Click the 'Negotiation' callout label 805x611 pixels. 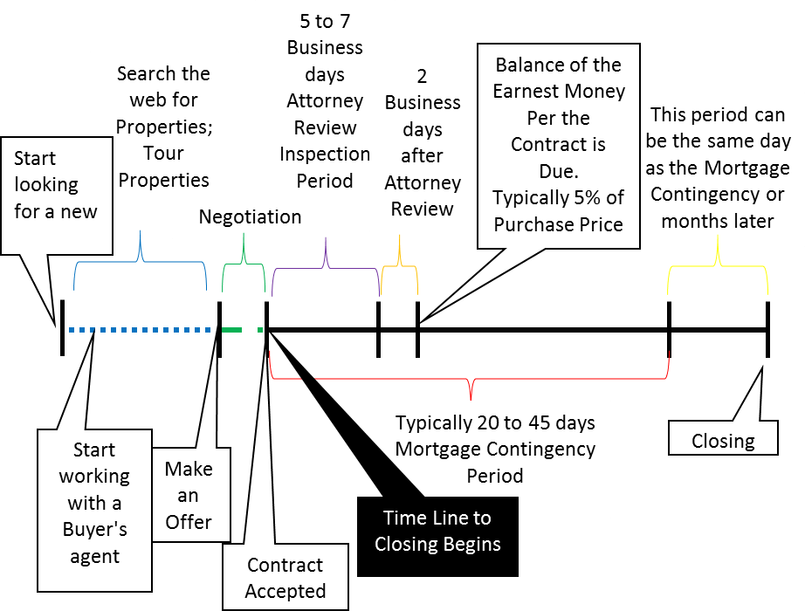click(250, 217)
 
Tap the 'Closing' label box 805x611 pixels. click(723, 441)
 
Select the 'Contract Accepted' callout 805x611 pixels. click(285, 578)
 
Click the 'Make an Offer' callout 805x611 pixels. click(189, 495)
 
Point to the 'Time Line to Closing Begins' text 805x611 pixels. click(437, 531)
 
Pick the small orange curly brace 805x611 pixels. click(400, 265)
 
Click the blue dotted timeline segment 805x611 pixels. click(140, 330)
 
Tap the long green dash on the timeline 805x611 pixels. click(232, 330)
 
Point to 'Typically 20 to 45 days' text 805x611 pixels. click(495, 423)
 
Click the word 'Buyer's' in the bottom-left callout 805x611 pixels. click(94, 530)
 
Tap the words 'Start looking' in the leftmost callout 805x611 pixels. click(46, 172)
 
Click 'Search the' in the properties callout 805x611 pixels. click(164, 73)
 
